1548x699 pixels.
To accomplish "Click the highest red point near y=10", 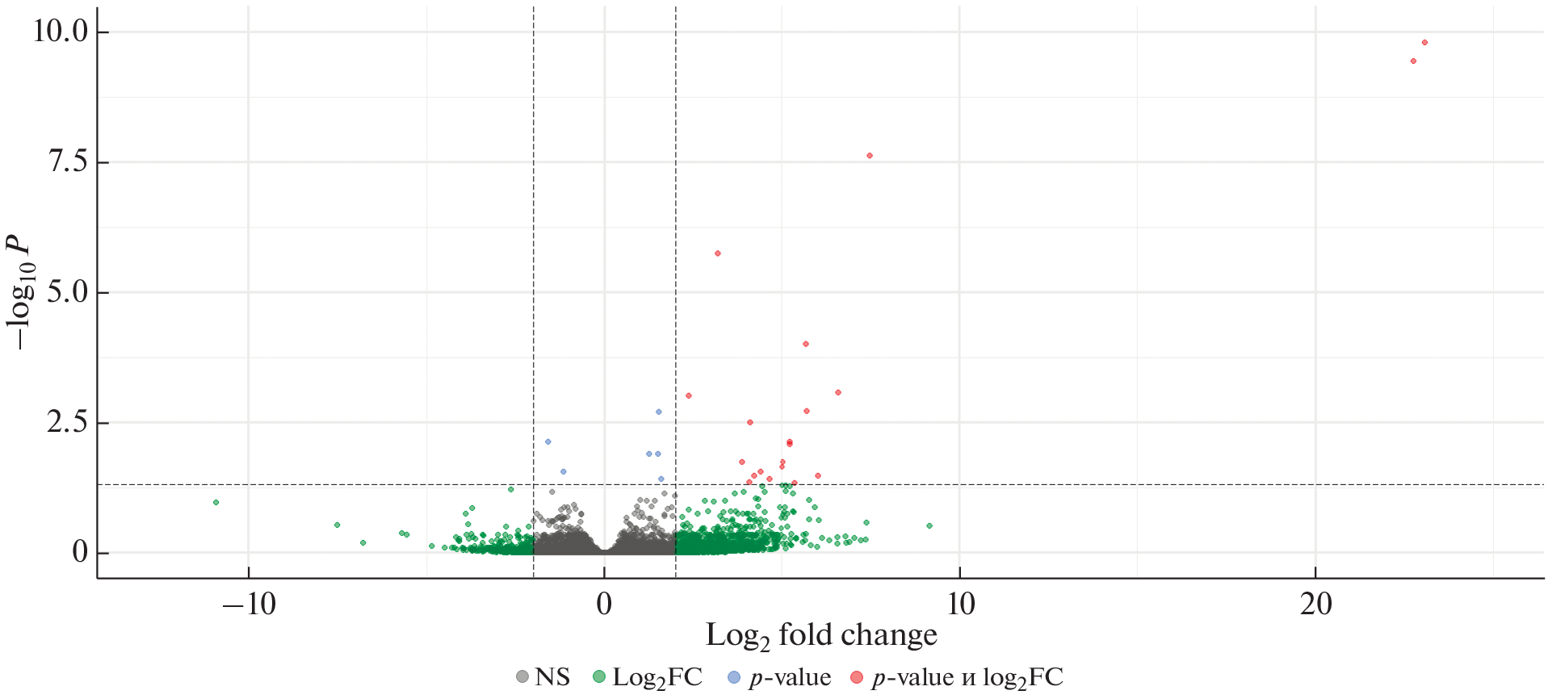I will pos(1424,43).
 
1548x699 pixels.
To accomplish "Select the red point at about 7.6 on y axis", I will pos(870,156).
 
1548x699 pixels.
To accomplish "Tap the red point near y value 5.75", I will pos(717,253).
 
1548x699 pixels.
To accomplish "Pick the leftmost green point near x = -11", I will pos(216,502).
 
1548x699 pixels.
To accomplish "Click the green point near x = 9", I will pos(929,525).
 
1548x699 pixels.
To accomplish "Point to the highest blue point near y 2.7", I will pos(658,412).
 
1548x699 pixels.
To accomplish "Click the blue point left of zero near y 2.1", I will pos(547,442).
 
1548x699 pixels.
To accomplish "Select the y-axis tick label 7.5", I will pos(66,161).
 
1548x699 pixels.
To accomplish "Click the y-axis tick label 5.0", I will pos(66,292).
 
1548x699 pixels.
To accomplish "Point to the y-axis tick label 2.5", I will pos(66,422).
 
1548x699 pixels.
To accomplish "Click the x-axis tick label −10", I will pos(249,604).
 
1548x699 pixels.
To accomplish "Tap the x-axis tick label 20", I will pos(1315,604).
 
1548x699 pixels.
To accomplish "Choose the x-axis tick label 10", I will pos(960,604).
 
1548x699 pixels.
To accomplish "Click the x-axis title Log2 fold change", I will pos(821,636).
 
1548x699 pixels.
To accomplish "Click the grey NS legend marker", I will pos(522,677).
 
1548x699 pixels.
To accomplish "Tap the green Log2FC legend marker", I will pos(598,677).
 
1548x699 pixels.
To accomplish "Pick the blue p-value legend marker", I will pos(733,677).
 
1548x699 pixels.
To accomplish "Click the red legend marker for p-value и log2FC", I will pos(856,677).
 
